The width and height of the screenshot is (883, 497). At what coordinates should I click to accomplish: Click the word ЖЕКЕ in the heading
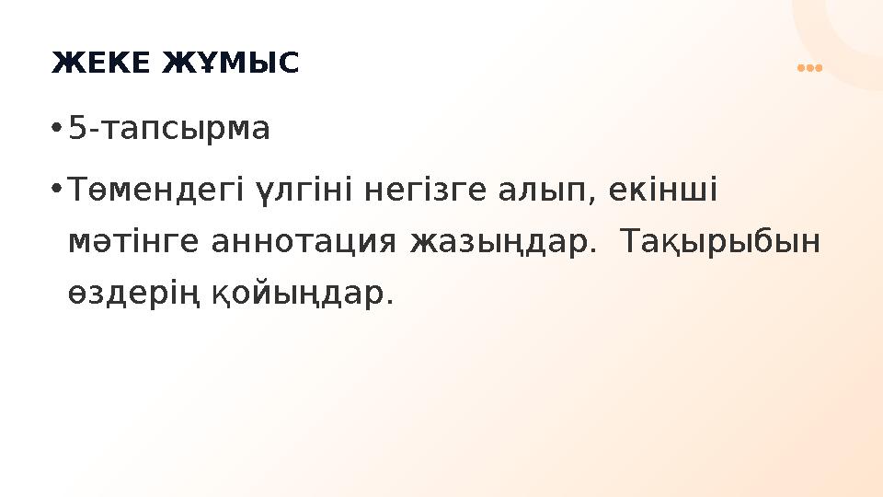coord(101,64)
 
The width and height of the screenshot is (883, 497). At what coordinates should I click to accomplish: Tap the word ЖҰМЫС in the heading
coord(231,64)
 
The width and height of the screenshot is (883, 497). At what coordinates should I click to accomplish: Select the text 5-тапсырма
coord(170,130)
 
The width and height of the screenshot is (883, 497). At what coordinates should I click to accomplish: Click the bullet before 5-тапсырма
coord(56,129)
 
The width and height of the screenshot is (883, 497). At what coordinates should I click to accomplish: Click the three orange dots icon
coord(808,68)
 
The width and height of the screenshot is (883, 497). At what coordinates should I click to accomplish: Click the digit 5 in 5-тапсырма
coord(77,130)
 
